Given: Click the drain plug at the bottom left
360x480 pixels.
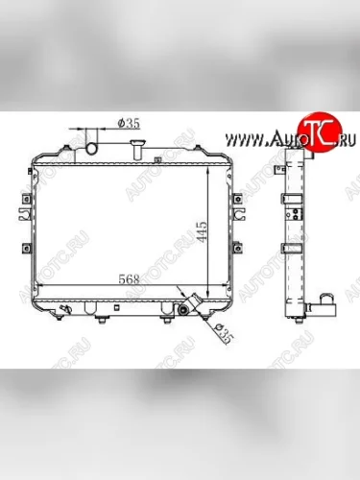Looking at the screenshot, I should click(63, 309).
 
